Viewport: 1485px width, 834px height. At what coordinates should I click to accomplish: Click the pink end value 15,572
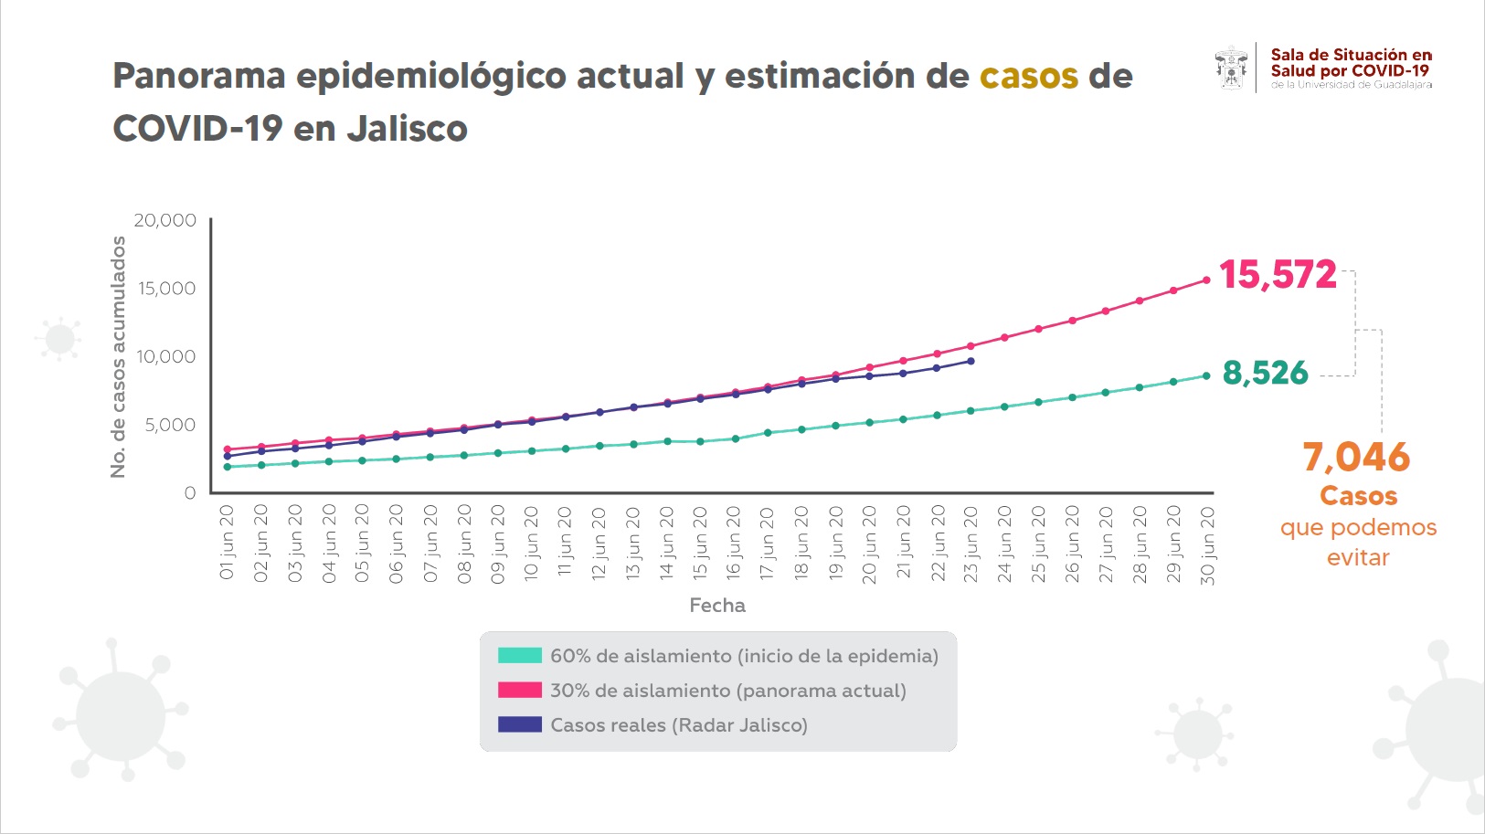coord(1278,275)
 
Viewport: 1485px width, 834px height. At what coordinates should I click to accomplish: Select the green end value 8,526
coord(1266,373)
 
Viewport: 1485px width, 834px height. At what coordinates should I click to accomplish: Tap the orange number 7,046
coord(1356,457)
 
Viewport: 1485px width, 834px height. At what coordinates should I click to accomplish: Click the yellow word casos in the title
coord(1028,76)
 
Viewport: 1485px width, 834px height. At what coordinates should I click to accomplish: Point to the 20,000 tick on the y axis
coord(165,220)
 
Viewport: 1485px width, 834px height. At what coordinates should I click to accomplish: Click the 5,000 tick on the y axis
coord(170,425)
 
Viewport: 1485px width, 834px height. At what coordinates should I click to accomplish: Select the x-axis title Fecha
coord(717,605)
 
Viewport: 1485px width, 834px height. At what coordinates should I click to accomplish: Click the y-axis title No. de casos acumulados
coord(118,356)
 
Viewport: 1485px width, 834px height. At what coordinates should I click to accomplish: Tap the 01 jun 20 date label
coord(228,543)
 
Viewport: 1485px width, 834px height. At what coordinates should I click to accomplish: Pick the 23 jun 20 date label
coord(971,544)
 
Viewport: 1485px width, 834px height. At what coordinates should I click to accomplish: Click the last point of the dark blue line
coord(971,361)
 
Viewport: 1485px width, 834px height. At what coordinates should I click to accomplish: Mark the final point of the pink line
coord(1206,280)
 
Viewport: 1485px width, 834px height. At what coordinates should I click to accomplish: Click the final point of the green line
coord(1206,375)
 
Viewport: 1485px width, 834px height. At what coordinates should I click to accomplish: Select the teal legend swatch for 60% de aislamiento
coord(520,655)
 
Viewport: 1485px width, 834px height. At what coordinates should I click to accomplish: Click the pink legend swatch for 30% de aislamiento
coord(520,690)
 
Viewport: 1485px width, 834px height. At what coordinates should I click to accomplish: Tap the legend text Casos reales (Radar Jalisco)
coord(679,725)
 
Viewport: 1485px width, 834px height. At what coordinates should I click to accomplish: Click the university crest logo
coord(1231,68)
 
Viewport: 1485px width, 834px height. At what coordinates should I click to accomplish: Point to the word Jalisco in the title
coord(407,129)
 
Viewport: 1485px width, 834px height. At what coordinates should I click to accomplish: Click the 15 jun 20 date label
coord(701,544)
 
